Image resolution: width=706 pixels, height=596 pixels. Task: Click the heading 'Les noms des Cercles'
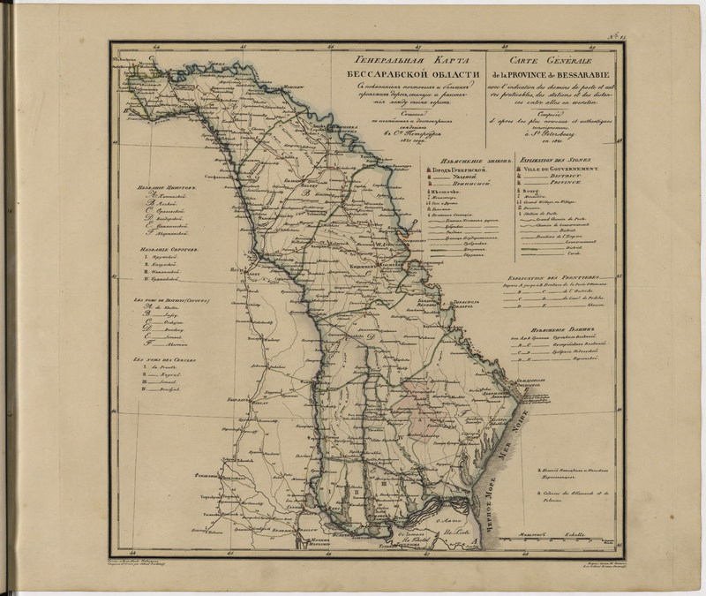pyautogui.click(x=162, y=358)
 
